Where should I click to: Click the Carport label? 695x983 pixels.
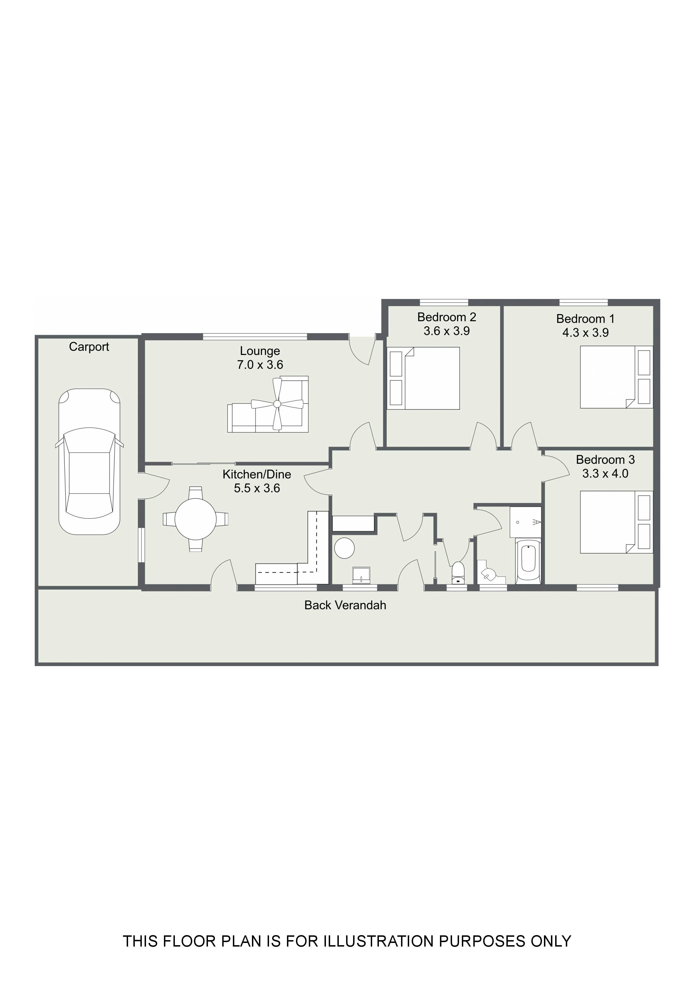(x=89, y=347)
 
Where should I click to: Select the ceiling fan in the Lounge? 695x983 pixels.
(x=277, y=404)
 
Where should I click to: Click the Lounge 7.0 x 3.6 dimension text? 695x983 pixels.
(x=260, y=365)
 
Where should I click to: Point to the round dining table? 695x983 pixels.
(x=196, y=519)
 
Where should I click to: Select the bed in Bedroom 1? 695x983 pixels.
(x=617, y=377)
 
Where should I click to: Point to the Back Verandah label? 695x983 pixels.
(x=345, y=605)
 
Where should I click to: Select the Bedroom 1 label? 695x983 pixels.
(x=585, y=319)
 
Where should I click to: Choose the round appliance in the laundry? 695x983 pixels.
(x=344, y=548)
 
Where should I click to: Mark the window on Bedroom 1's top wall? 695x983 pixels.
(x=583, y=303)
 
